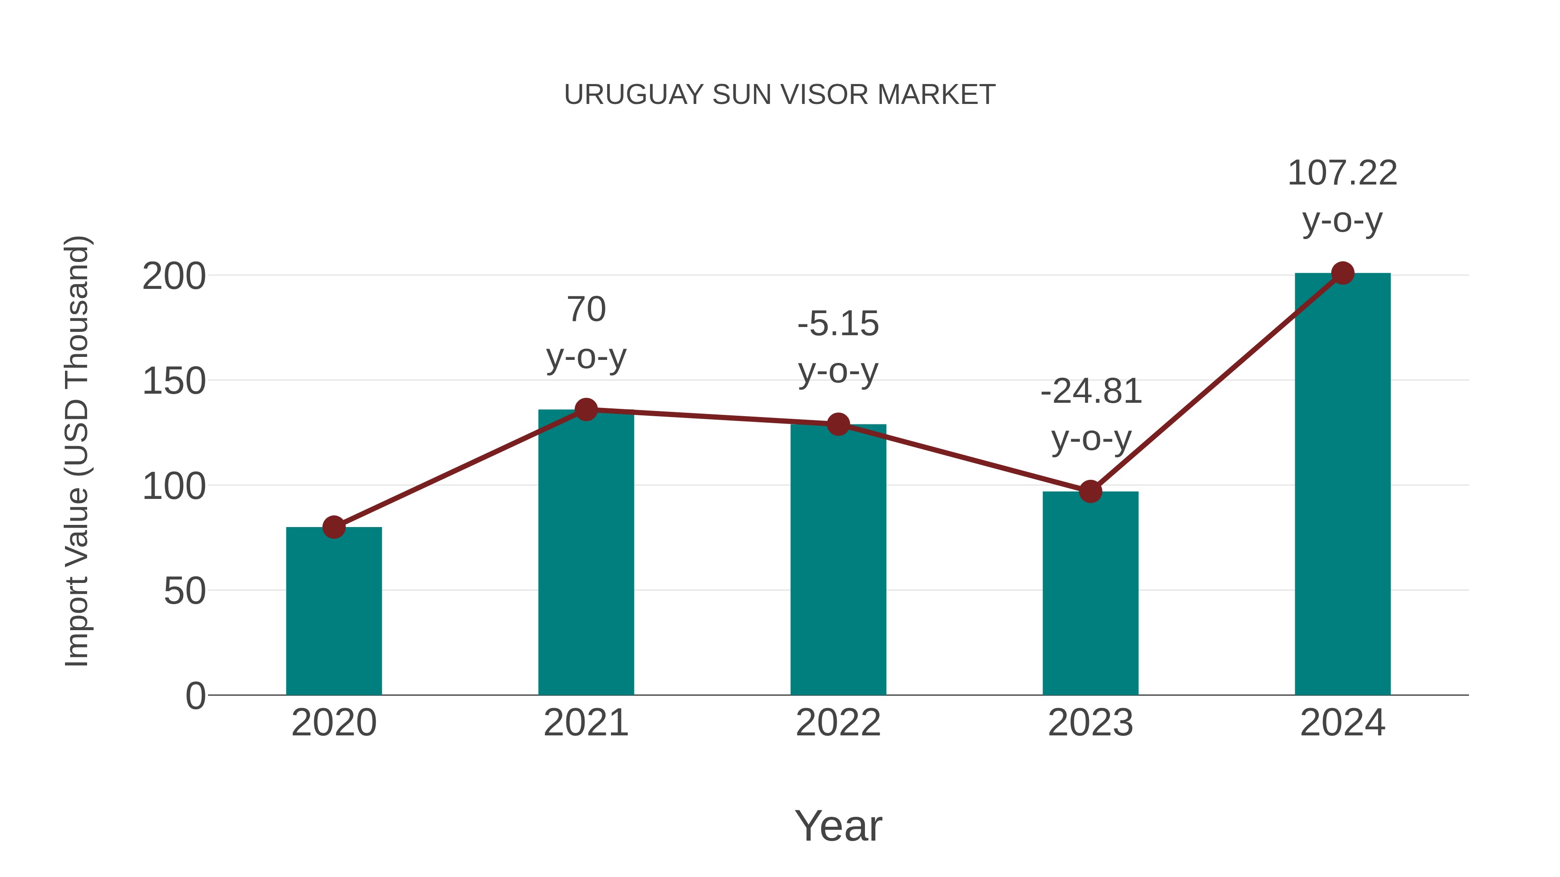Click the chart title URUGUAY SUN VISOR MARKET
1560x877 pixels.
point(780,95)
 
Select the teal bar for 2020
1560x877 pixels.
point(334,611)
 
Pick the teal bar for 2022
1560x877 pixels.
point(838,560)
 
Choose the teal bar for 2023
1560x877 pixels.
point(1090,593)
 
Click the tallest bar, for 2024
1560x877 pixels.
point(1342,484)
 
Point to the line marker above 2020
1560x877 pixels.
point(334,527)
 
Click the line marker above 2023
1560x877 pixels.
point(1090,492)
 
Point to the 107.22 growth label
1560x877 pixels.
point(1342,196)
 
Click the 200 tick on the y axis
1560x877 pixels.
point(174,277)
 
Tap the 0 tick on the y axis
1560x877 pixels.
point(195,696)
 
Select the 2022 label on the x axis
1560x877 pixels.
point(838,723)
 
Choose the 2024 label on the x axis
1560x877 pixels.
point(1342,723)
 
